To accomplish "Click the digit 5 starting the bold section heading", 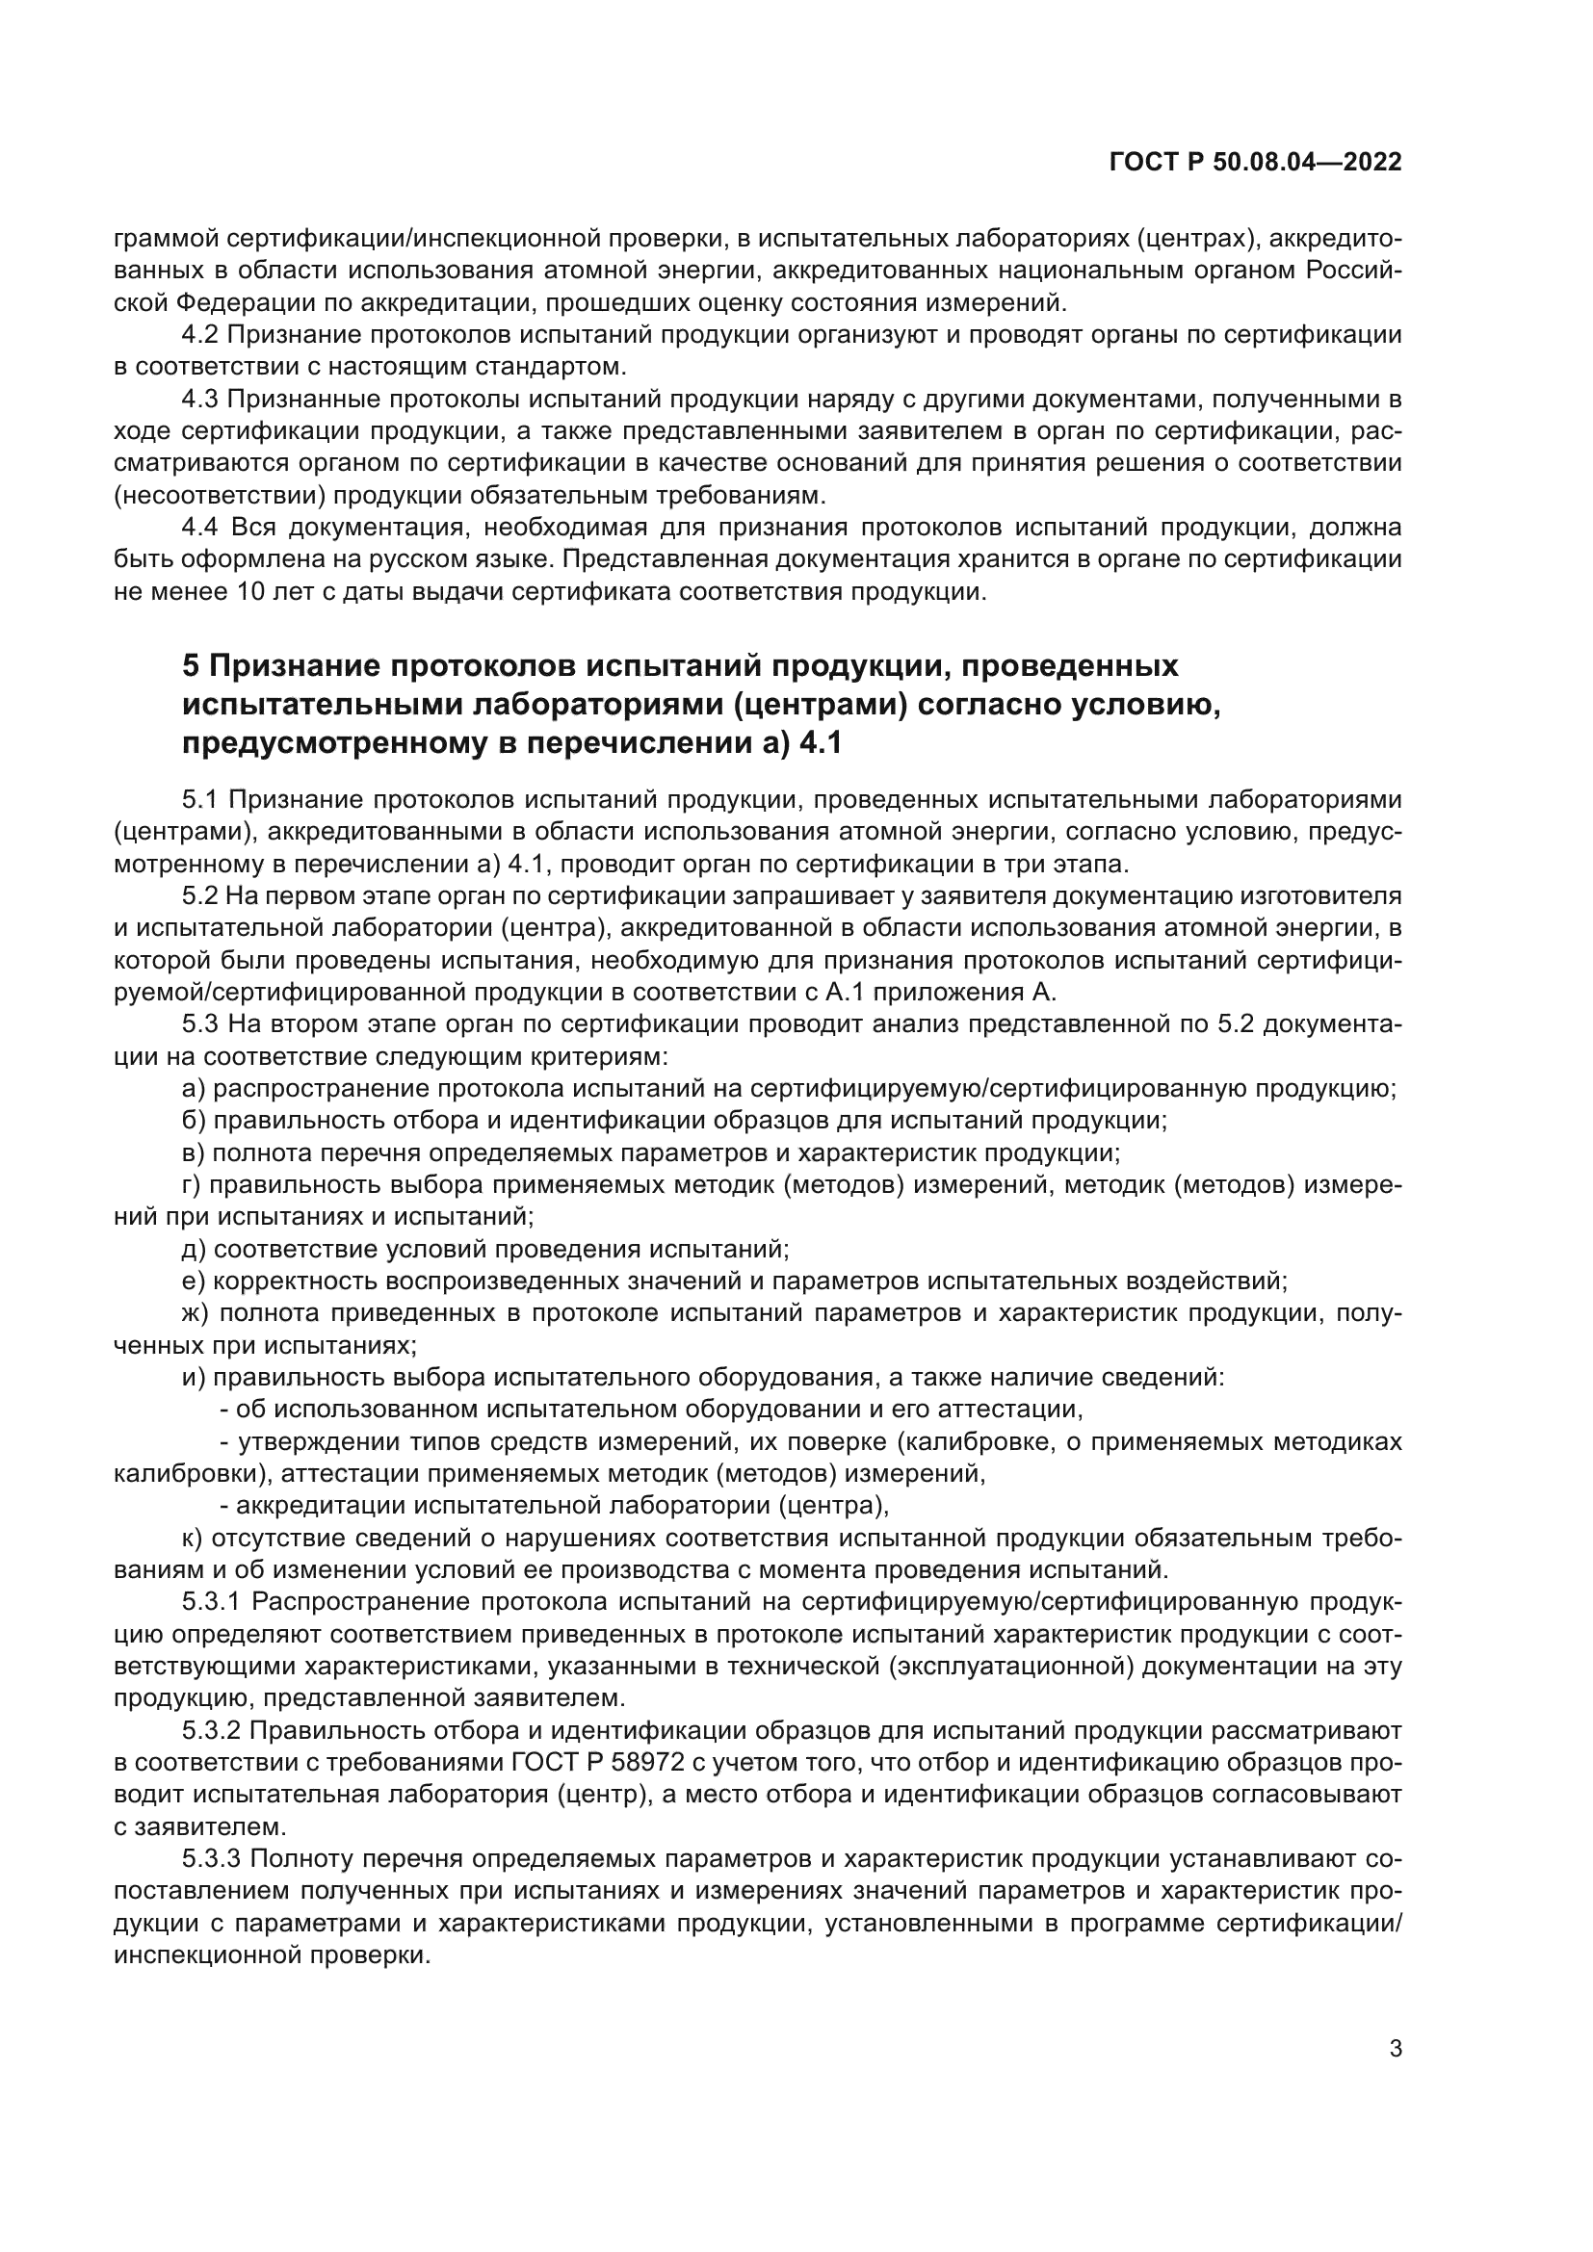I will [x=192, y=666].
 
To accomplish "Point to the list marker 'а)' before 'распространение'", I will [x=194, y=1089].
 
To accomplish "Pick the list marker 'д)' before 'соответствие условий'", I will [x=194, y=1250].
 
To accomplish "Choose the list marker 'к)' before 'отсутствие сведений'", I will [x=193, y=1538].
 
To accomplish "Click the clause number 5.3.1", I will [x=211, y=1602].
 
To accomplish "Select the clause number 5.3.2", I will [x=211, y=1730].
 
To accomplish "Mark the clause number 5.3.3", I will [x=211, y=1858].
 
